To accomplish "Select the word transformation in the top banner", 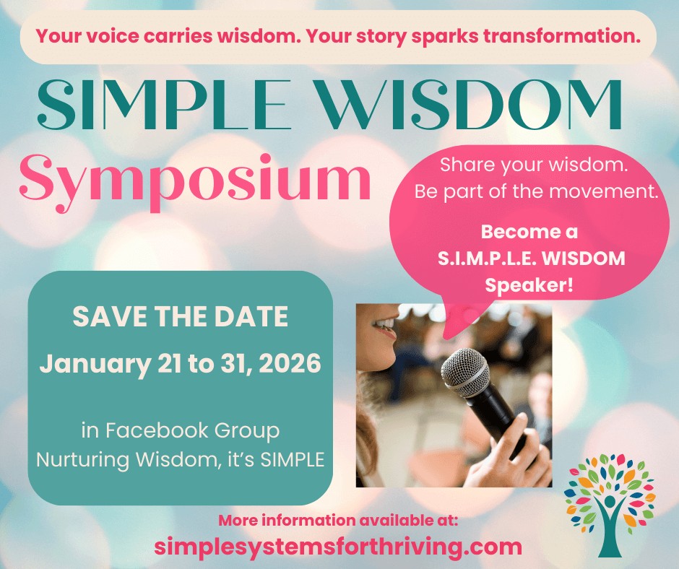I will tap(568, 36).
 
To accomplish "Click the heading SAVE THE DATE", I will tap(180, 316).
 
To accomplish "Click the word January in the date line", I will tap(93, 362).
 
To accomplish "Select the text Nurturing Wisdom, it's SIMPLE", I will tap(180, 460).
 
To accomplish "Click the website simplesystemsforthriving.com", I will tap(338, 547).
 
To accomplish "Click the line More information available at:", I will tap(338, 521).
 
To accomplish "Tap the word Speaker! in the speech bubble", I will tap(529, 284).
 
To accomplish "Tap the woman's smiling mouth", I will tap(386, 328).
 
